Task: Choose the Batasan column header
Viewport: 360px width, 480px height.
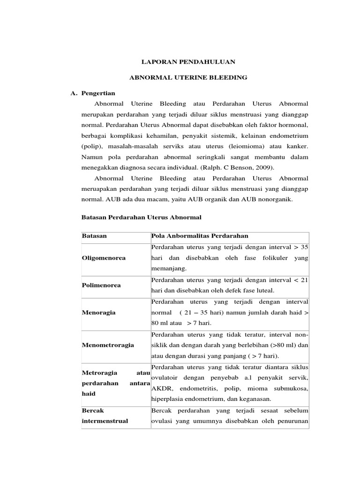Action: [94, 236]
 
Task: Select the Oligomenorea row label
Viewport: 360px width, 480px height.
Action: [104, 258]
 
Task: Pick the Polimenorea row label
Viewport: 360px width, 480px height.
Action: [101, 285]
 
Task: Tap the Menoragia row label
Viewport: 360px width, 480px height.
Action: [98, 312]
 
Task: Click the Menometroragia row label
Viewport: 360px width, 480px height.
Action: [108, 345]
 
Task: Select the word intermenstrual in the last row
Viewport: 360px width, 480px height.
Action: [105, 421]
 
